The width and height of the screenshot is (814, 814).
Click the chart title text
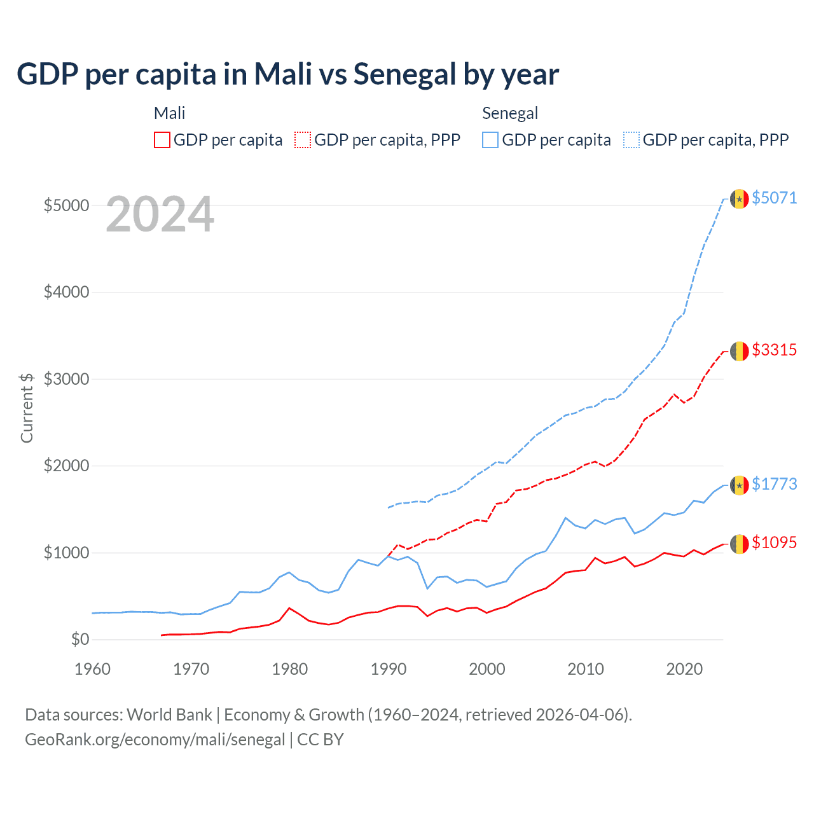287,74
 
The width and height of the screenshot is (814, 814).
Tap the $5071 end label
774,198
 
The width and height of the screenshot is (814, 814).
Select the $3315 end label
774,350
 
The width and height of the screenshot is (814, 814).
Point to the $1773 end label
774,484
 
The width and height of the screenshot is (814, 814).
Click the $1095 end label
774,542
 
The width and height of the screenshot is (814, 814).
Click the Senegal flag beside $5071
739,198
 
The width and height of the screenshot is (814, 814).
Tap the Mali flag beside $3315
739,351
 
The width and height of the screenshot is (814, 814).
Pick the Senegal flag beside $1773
739,485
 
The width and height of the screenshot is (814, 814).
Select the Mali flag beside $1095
739,544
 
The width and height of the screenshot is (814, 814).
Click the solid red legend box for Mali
162,140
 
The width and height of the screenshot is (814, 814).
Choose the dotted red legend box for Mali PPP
303,140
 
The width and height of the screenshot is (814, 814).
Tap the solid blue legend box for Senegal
490,140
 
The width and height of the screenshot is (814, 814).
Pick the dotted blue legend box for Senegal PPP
631,140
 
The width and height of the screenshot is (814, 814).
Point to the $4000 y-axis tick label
66,293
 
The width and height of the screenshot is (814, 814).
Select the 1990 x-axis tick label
389,669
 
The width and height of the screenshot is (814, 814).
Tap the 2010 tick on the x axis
586,669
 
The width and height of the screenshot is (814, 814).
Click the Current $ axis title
27,408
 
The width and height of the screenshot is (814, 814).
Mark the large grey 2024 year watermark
160,214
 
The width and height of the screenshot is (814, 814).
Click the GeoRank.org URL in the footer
155,740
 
